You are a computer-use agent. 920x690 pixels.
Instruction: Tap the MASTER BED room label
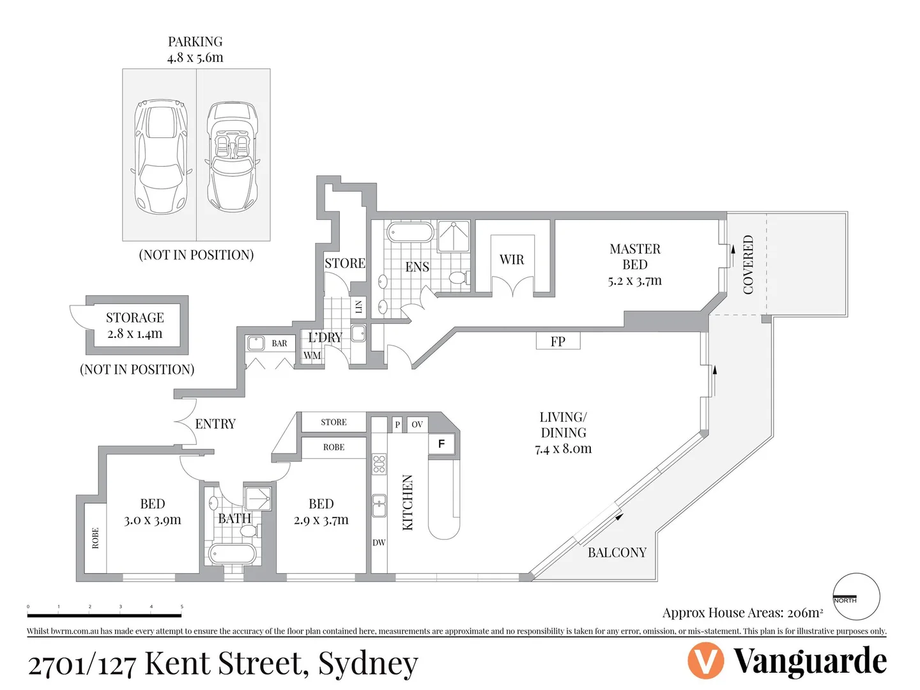coord(634,257)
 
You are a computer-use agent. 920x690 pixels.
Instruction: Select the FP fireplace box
coord(558,341)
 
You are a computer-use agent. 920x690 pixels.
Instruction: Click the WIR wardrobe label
coord(512,259)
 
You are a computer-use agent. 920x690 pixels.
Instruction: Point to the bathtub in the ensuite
coord(410,233)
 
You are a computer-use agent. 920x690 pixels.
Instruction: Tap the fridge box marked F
coord(441,443)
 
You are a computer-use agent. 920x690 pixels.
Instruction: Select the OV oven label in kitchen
coord(417,424)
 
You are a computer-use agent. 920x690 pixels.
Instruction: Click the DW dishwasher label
coord(379,542)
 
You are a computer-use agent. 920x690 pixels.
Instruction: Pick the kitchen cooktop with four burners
coord(379,464)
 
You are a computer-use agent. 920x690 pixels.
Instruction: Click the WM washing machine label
coord(312,355)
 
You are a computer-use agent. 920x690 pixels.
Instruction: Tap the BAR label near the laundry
coord(279,343)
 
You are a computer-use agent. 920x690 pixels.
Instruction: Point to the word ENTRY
coord(215,424)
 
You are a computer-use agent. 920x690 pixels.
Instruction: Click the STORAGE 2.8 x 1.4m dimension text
coord(135,333)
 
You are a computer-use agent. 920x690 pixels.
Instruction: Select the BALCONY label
coord(617,552)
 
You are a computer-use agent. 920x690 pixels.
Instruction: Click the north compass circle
coord(857,597)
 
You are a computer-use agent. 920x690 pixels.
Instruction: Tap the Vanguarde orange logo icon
coord(705,661)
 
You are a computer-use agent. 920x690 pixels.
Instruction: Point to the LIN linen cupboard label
coord(358,307)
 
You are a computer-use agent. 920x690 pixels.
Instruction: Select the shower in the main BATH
coord(258,498)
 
